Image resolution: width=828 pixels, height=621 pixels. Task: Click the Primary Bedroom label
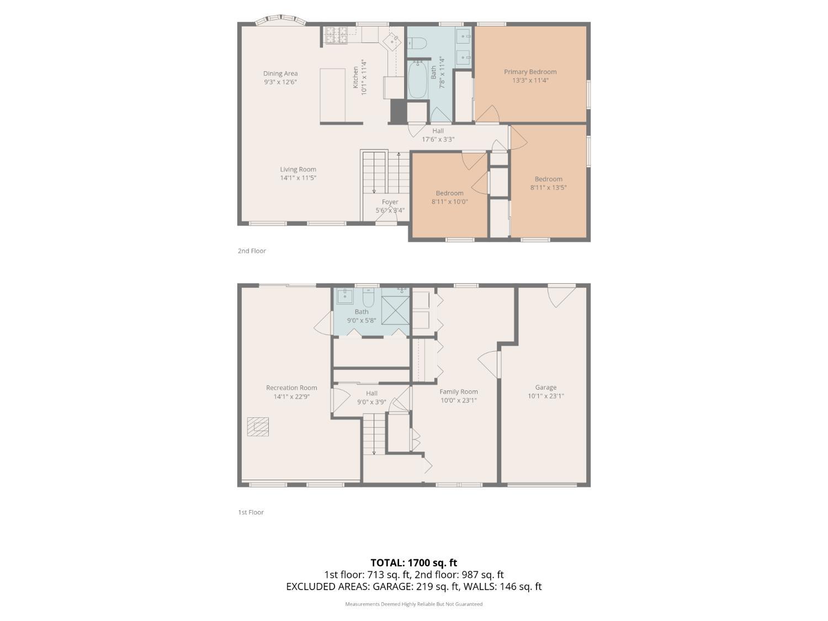(x=530, y=72)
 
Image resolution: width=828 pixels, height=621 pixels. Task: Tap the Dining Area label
(x=280, y=73)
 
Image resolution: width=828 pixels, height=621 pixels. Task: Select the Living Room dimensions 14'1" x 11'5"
(x=298, y=178)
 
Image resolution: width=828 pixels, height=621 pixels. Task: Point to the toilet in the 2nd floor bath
(x=417, y=43)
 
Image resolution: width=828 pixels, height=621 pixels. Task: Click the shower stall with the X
(x=395, y=310)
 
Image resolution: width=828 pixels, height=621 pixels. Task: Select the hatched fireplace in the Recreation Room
(x=258, y=427)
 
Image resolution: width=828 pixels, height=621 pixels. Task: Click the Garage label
(x=545, y=388)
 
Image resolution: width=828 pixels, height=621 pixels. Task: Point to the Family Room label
(x=459, y=392)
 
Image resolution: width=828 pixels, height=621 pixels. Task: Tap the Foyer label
(x=390, y=201)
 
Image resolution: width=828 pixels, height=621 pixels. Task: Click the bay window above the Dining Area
(x=281, y=20)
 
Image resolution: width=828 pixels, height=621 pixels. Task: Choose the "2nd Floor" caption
(x=252, y=251)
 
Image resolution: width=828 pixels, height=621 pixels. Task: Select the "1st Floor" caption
(x=251, y=512)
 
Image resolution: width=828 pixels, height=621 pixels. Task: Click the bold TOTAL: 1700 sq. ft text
(x=414, y=563)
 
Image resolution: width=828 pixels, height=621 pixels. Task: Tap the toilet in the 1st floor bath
(x=368, y=298)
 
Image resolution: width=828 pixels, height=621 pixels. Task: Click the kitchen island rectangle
(x=333, y=95)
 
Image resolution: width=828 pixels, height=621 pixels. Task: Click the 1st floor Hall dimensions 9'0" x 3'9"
(x=371, y=402)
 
